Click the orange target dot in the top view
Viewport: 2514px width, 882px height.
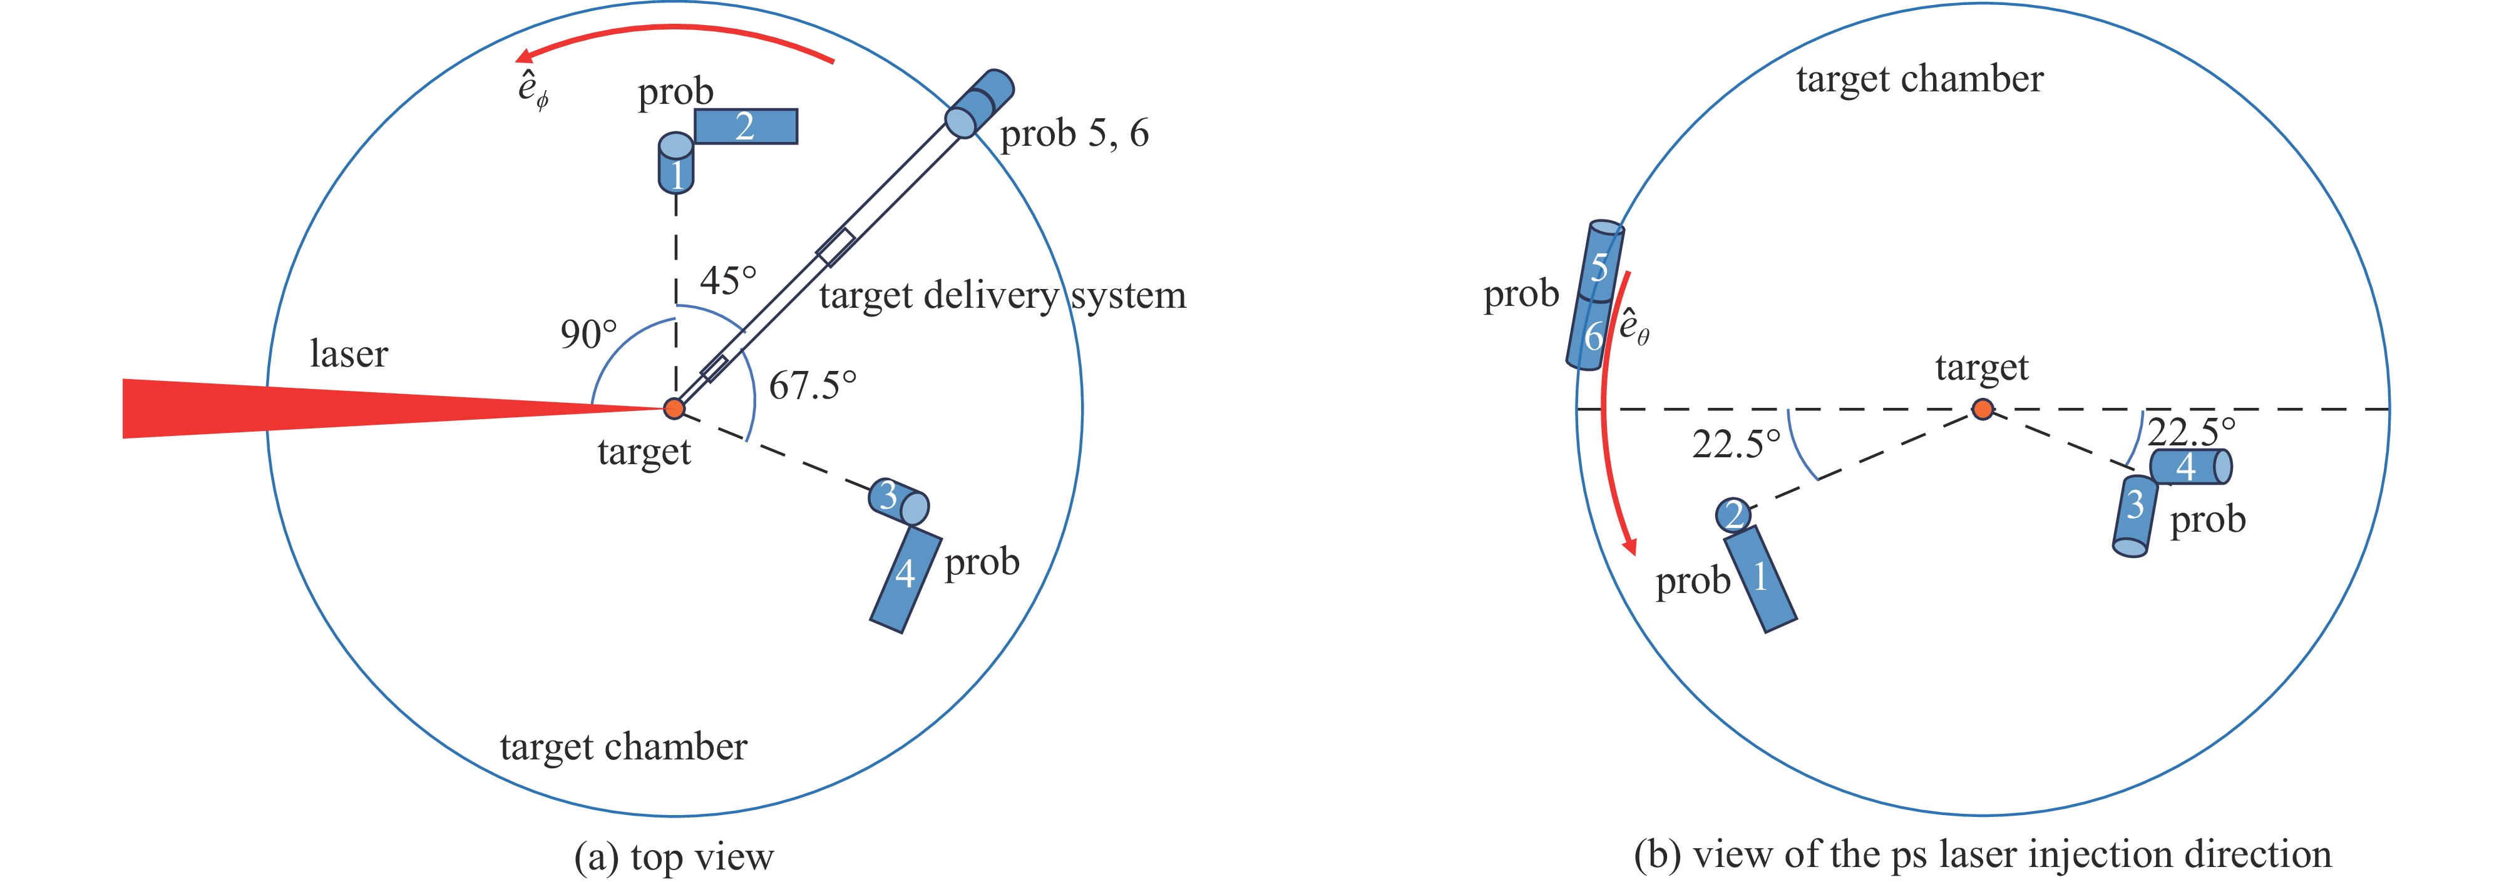point(674,408)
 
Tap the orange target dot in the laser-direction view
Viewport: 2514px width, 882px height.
point(1982,409)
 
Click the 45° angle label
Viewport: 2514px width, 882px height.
point(728,281)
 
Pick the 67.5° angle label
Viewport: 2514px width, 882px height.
point(812,385)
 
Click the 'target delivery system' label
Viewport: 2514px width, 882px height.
point(1002,295)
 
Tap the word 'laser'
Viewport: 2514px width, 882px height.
point(349,353)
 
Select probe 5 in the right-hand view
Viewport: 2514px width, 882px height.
point(1601,261)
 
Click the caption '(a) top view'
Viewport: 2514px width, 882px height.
point(674,856)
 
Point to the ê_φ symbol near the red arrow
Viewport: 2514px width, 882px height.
point(532,89)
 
